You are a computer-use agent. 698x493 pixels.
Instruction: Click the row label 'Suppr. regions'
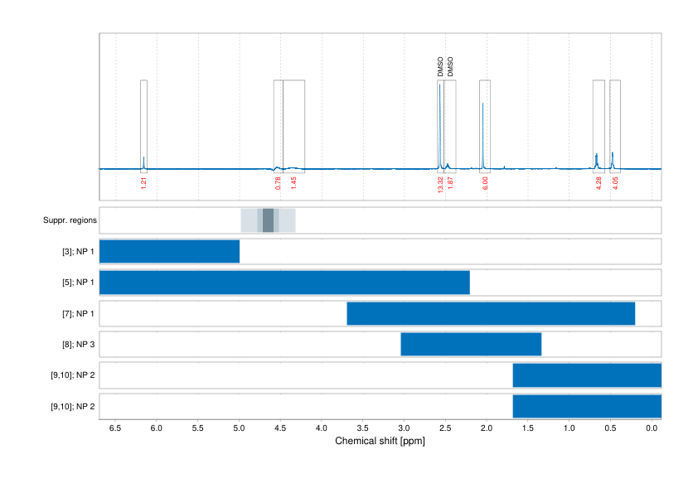[x=70, y=220]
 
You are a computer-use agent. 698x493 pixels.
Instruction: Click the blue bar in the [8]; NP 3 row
[x=471, y=344]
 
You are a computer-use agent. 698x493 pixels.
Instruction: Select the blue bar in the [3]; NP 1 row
[x=169, y=251]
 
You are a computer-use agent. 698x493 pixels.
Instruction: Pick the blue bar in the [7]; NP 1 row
[x=491, y=313]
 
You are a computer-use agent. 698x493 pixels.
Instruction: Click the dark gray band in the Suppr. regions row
[x=268, y=220]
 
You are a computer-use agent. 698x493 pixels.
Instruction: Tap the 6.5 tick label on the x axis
[x=115, y=428]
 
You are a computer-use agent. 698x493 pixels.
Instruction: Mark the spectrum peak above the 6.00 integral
[x=483, y=104]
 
